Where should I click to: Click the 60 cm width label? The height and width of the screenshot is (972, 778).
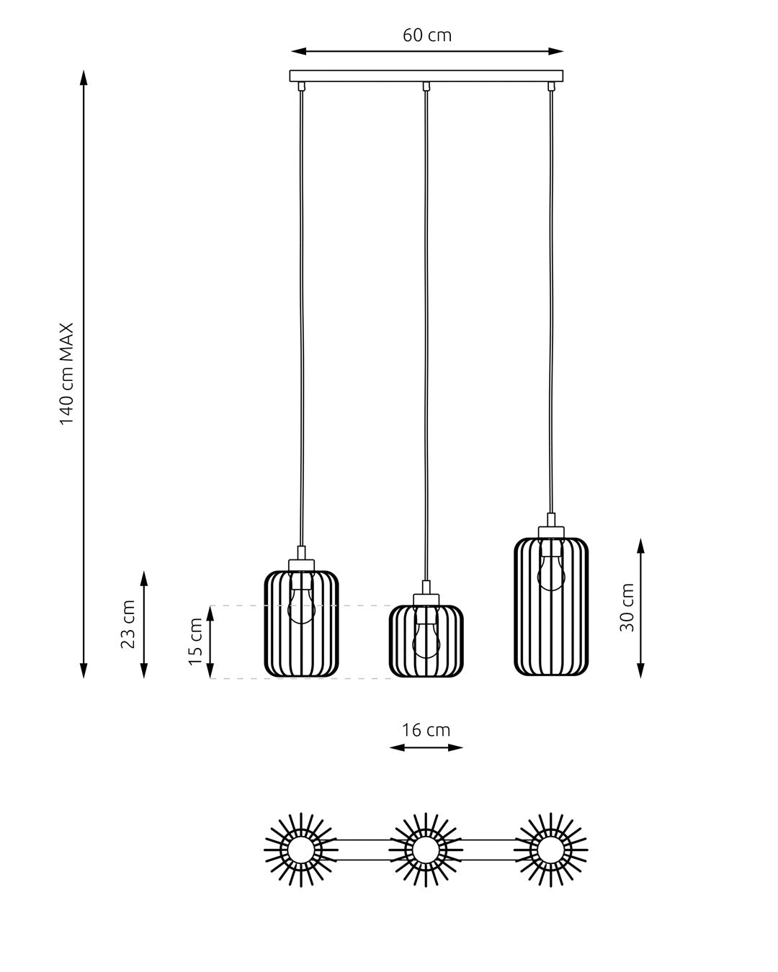pyautogui.click(x=426, y=35)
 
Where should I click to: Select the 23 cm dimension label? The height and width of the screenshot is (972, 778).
pyautogui.click(x=128, y=624)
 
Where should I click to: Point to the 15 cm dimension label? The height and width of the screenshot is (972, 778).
pyautogui.click(x=194, y=642)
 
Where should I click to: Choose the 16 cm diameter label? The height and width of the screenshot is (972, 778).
pyautogui.click(x=426, y=730)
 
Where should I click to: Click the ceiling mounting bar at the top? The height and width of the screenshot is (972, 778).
pyautogui.click(x=426, y=76)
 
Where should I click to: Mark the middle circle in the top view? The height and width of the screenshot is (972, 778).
pyautogui.click(x=426, y=850)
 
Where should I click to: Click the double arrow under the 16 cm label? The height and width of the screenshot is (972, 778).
pyautogui.click(x=426, y=747)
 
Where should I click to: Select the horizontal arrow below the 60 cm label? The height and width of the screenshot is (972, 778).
pyautogui.click(x=426, y=52)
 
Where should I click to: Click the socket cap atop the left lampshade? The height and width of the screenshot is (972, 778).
pyautogui.click(x=301, y=565)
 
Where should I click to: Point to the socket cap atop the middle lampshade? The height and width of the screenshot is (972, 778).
pyautogui.click(x=426, y=600)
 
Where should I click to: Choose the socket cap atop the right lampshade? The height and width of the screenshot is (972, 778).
pyautogui.click(x=551, y=531)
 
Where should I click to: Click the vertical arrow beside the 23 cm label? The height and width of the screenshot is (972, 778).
pyautogui.click(x=143, y=624)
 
